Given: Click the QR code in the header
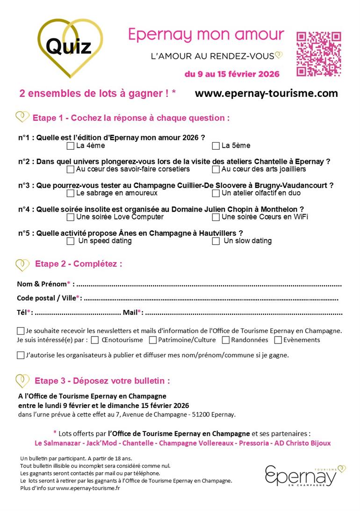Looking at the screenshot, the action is click(319, 54).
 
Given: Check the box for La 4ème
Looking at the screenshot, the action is click(71, 146).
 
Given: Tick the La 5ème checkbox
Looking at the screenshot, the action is click(216, 146).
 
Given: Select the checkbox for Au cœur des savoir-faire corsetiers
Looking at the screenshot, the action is click(71, 169).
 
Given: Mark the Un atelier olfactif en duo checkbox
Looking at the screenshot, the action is click(216, 193).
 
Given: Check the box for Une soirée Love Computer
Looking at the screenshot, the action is click(71, 217).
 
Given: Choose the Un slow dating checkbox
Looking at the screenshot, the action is click(216, 241).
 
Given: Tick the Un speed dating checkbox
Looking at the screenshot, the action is click(71, 241).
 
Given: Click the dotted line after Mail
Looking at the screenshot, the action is click(243, 313).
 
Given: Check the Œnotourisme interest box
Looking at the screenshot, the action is click(95, 340).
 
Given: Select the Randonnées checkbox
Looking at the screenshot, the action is click(226, 340).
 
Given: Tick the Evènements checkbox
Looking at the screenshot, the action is click(278, 340).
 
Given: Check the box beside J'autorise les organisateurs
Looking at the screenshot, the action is click(21, 355).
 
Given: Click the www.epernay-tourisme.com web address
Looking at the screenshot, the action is click(266, 93).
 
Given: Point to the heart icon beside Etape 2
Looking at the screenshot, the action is click(22, 264).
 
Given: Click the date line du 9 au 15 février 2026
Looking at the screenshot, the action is click(232, 74).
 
